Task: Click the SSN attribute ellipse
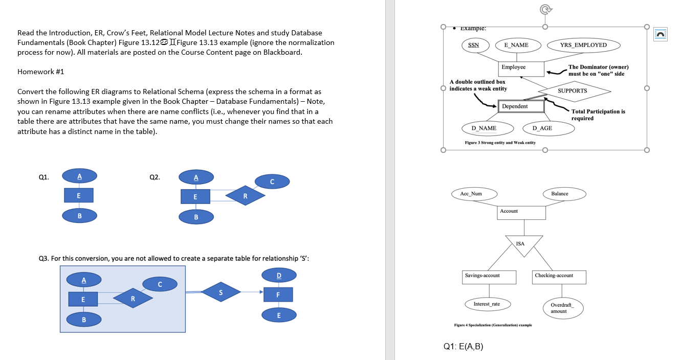pyautogui.click(x=474, y=45)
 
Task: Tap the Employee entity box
pyautogui.click(x=513, y=67)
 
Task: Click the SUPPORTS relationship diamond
pyautogui.click(x=573, y=91)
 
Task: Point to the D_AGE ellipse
pyautogui.click(x=542, y=128)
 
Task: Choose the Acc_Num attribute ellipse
pyautogui.click(x=471, y=194)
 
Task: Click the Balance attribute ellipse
pyautogui.click(x=560, y=194)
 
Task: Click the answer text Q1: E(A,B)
pyautogui.click(x=463, y=346)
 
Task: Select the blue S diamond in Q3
pyautogui.click(x=221, y=292)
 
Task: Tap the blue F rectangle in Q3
pyautogui.click(x=278, y=295)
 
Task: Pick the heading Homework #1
pyautogui.click(x=41, y=72)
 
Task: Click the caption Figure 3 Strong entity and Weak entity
pyautogui.click(x=500, y=143)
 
